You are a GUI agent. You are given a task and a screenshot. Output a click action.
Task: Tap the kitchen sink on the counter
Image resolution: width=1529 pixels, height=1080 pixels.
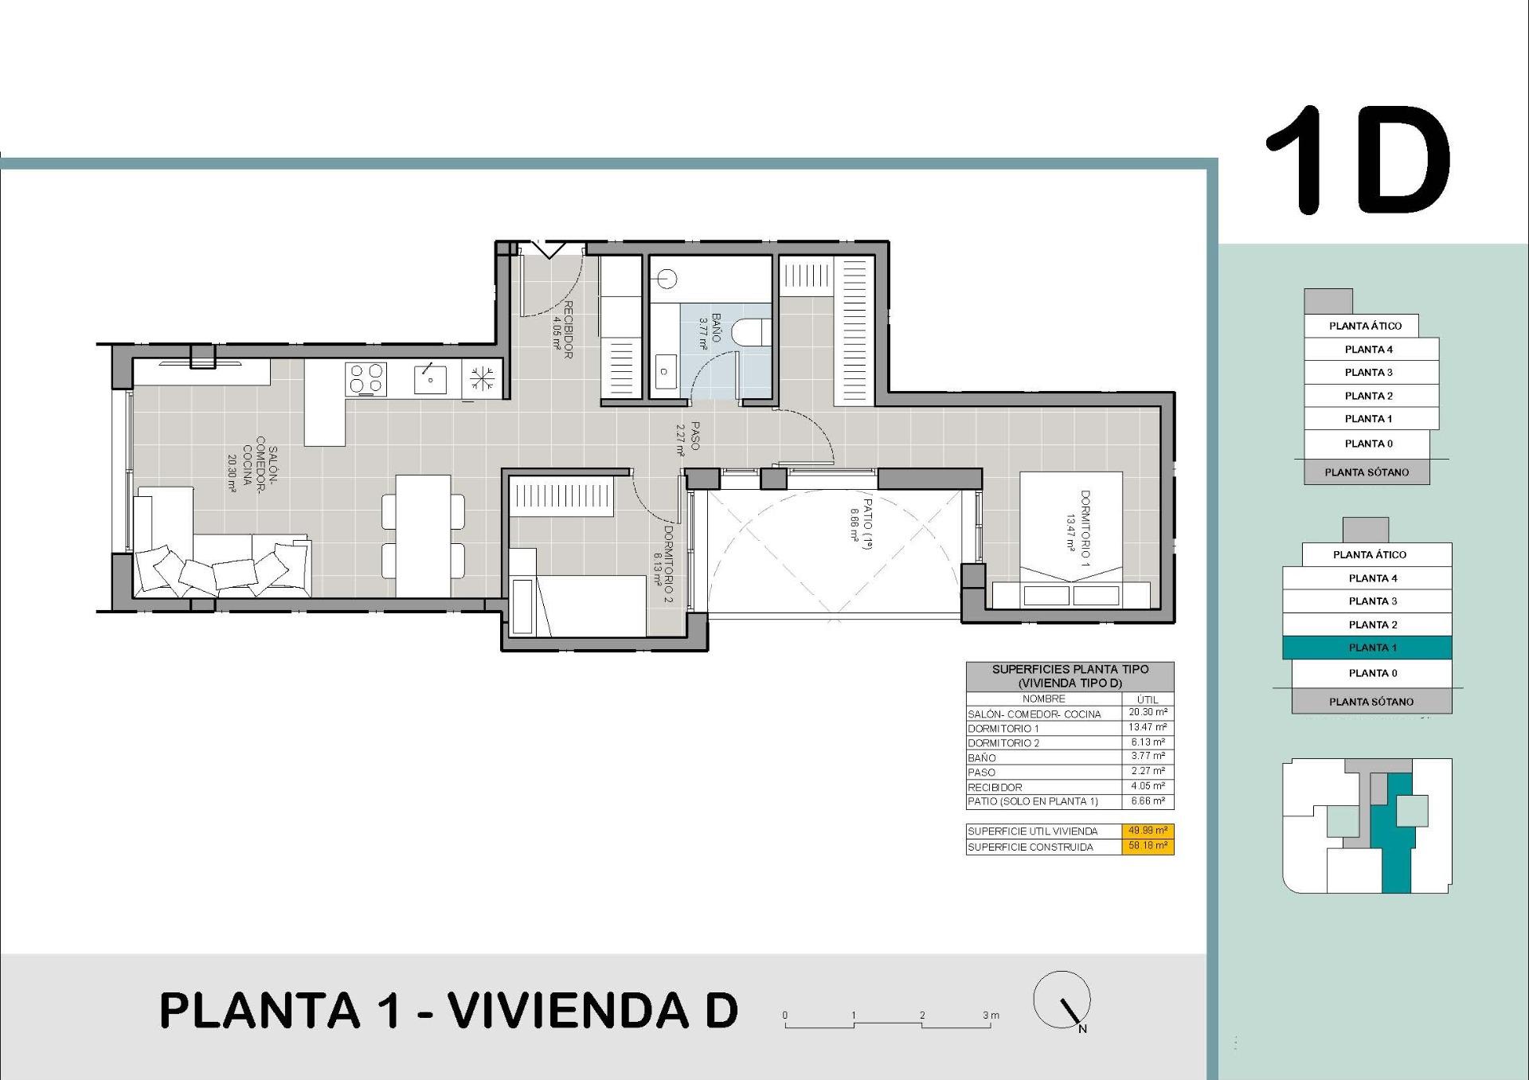click(431, 379)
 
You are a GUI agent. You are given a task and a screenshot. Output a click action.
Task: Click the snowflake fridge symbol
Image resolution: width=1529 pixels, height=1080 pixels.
click(482, 379)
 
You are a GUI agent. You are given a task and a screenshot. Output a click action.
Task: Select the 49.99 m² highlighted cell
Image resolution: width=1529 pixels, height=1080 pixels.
click(1147, 831)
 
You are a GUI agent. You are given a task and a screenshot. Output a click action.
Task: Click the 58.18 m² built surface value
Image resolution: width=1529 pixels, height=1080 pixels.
click(1147, 846)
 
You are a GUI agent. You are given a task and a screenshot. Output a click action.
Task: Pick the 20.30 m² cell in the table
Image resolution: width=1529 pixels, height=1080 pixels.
click(1147, 713)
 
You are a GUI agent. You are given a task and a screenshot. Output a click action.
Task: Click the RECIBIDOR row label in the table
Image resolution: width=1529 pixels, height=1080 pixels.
click(995, 787)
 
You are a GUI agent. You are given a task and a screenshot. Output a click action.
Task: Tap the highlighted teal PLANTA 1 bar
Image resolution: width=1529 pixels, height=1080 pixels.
click(1367, 648)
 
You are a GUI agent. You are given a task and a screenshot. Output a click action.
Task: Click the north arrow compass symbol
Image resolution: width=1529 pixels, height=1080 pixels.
click(1062, 1001)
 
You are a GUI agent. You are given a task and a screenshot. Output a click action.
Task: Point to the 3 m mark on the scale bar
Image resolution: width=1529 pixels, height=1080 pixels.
click(989, 1016)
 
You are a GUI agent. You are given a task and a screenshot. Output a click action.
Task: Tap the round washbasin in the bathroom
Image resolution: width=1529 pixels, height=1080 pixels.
click(667, 279)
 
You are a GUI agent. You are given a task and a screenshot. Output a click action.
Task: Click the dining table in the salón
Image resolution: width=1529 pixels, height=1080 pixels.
click(423, 535)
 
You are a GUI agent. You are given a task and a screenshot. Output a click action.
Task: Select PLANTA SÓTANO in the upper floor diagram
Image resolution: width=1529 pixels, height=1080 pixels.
click(1367, 472)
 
